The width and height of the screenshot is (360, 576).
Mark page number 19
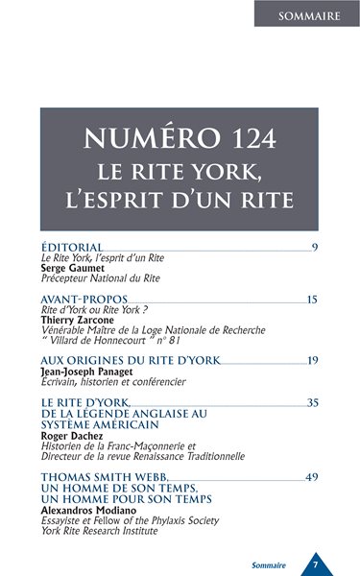pyautogui.click(x=312, y=361)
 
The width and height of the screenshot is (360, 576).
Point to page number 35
pyautogui.click(x=312, y=402)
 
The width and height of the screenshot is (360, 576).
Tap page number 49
pyautogui.click(x=312, y=477)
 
